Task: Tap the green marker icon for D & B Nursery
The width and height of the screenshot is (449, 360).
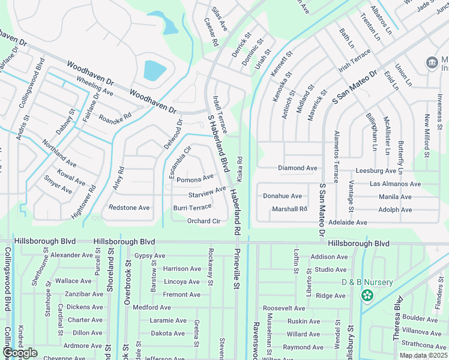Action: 367,295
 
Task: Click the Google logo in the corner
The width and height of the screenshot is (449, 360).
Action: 20,353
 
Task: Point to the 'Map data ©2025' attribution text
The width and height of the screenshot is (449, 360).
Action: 423,355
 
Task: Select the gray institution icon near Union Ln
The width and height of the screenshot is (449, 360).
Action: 431,62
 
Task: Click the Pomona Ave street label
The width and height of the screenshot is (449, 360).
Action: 195,179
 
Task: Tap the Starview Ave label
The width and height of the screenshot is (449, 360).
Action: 207,193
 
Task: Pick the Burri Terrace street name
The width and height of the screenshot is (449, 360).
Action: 192,207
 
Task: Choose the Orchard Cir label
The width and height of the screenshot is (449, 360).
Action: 204,221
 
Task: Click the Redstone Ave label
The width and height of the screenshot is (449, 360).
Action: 129,208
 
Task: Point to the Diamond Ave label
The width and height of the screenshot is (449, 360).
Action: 297,168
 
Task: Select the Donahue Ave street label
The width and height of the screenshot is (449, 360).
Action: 282,196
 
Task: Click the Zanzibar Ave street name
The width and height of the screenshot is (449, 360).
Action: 84,294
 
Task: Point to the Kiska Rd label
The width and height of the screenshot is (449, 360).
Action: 240,169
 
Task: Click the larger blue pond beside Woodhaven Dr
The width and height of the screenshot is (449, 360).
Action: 155,71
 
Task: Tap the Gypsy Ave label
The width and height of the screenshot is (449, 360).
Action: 149,256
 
